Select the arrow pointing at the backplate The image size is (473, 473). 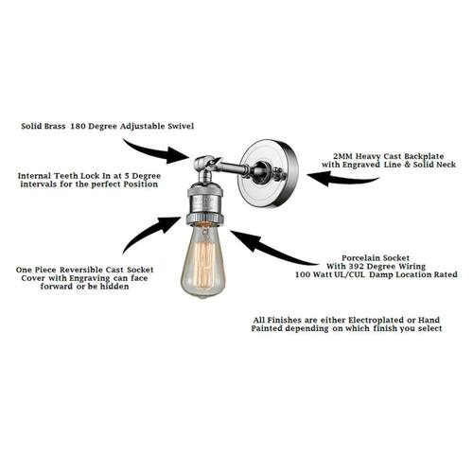pos(342,179)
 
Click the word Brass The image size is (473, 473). pos(55,126)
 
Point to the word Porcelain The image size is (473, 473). pos(360,258)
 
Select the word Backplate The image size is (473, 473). pos(424,156)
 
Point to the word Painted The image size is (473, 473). pos(267,328)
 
